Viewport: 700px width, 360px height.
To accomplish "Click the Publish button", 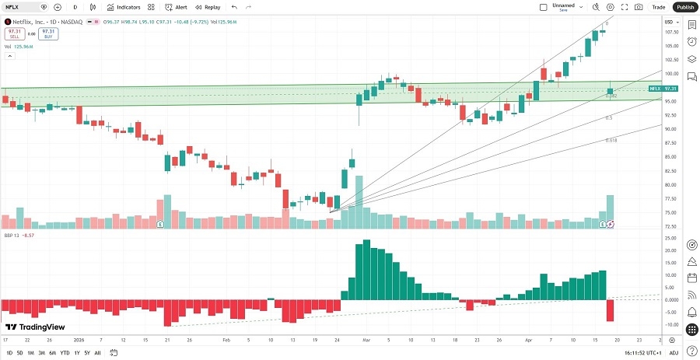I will [684, 7].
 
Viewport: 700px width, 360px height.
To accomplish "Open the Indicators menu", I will [124, 7].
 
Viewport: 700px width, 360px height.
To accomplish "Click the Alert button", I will [177, 7].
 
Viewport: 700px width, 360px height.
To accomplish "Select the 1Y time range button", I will [76, 353].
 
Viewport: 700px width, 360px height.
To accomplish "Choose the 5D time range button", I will [19, 353].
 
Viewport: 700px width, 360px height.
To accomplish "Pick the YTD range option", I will [65, 353].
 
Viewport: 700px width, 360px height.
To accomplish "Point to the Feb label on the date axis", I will [226, 340].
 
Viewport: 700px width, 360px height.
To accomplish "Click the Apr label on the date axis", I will [527, 340].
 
